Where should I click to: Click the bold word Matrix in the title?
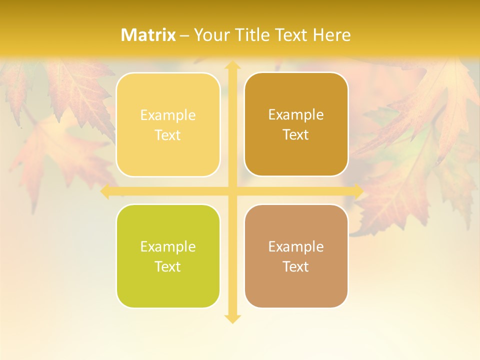click(x=148, y=35)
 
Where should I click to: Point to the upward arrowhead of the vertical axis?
click(x=232, y=65)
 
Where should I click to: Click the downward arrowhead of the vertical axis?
click(x=232, y=318)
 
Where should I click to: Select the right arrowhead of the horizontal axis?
click(x=358, y=191)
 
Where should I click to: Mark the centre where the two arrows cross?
click(x=232, y=191)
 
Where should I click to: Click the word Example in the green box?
click(x=168, y=246)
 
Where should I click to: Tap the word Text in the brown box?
click(x=296, y=266)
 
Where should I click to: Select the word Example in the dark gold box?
click(x=296, y=114)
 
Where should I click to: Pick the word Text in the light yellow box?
click(x=168, y=135)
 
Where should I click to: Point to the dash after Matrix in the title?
click(x=184, y=35)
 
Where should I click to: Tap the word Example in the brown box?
click(x=296, y=246)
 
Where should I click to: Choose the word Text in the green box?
click(x=168, y=266)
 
